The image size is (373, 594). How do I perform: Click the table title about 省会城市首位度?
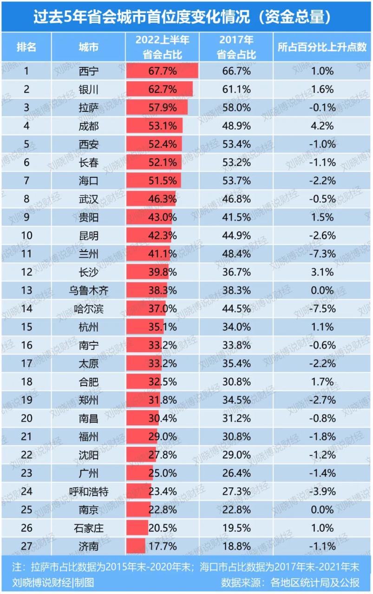click(186, 17)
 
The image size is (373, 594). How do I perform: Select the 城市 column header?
click(88, 47)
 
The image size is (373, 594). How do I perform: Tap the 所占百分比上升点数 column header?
click(322, 47)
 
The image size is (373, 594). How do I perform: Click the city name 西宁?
click(88, 71)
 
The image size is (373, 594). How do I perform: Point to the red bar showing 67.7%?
click(162, 71)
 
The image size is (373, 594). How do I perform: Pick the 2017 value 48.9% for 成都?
click(236, 126)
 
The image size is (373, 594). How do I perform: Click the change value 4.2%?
click(322, 126)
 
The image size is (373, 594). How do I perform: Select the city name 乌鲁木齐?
click(88, 291)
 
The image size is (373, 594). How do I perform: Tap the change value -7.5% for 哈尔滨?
click(322, 309)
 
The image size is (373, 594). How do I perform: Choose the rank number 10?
click(27, 236)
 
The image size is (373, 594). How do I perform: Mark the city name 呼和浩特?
click(88, 491)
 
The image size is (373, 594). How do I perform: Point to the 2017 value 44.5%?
click(236, 309)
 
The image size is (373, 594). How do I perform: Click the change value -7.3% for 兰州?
click(322, 254)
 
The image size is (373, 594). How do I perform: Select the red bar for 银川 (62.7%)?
click(159, 89)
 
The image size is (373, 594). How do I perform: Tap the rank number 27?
click(27, 546)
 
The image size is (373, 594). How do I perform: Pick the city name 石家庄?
click(88, 528)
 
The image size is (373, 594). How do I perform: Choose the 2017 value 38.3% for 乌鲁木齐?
click(236, 291)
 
